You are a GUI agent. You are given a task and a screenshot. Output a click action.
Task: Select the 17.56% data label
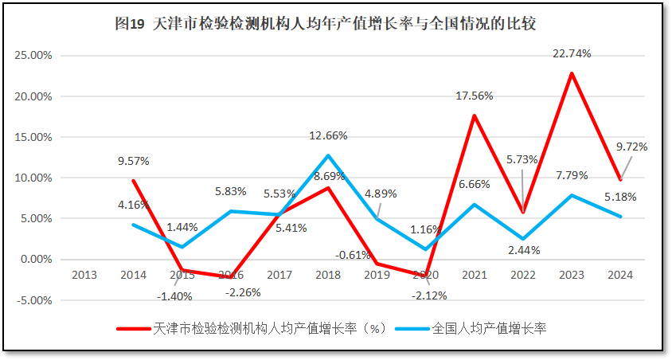[x=475, y=96]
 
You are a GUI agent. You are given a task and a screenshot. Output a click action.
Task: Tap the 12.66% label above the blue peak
[x=328, y=135]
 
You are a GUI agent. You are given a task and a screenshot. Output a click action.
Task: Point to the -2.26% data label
[x=242, y=292]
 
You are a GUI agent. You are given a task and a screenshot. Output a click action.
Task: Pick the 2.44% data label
[x=523, y=250]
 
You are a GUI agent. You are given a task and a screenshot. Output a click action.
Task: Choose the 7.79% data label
[x=572, y=174]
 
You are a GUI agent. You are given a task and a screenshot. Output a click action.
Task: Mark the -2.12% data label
[x=430, y=295]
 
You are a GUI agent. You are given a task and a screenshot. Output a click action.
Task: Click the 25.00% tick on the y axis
[x=33, y=56]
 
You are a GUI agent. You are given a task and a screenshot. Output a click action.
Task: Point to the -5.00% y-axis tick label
[x=33, y=300]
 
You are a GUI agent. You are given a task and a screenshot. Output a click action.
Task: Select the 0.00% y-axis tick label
[x=36, y=260]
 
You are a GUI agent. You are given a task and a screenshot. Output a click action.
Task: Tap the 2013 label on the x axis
[x=84, y=275]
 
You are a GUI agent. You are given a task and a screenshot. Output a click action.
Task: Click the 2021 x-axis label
[x=475, y=275]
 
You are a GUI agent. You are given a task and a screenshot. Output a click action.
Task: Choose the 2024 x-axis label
[x=620, y=275]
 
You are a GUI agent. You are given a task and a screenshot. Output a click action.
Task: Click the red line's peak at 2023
[x=572, y=73]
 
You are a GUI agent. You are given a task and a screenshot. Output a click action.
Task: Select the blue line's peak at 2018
[x=328, y=155]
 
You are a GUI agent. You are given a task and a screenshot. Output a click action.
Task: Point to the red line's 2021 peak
[x=475, y=115]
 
